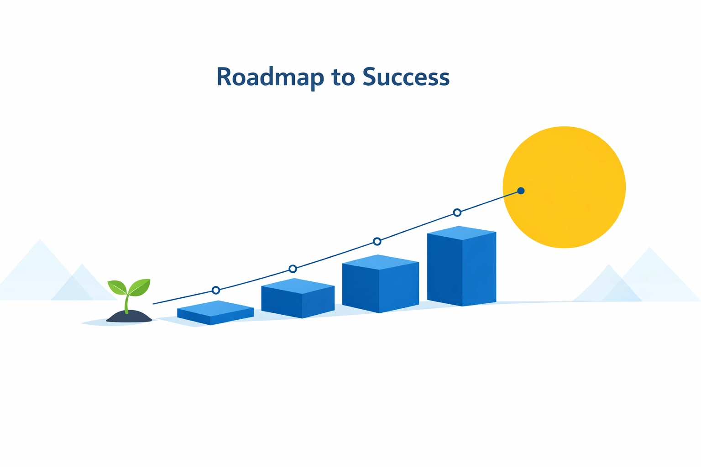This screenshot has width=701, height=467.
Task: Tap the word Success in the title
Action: tap(406, 77)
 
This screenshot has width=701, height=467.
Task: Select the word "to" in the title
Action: tap(343, 77)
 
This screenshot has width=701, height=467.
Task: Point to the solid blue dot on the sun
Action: tap(521, 191)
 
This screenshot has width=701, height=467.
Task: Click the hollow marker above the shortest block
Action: tap(216, 290)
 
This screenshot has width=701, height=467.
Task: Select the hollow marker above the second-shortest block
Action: tap(293, 269)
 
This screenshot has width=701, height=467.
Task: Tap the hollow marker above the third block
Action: tap(377, 241)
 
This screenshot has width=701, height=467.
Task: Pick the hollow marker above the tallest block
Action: tap(457, 213)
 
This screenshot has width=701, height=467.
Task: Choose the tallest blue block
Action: tap(462, 269)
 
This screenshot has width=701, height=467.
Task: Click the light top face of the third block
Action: tap(380, 262)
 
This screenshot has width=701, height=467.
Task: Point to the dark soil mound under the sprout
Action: tap(129, 317)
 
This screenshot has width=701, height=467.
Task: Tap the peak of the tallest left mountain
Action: tap(40, 240)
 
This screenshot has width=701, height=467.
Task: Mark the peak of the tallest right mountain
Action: tap(649, 248)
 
